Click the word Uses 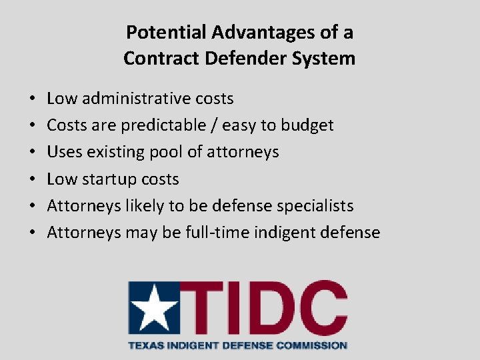63,152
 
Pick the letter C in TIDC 323,308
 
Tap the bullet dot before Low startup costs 33,179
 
